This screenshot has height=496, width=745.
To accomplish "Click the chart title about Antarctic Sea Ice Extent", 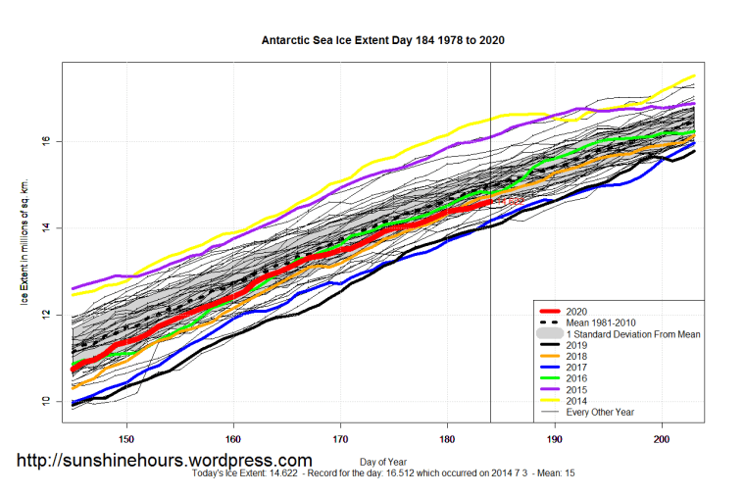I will click(382, 42).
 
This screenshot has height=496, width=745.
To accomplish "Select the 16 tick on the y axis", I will click(46, 141).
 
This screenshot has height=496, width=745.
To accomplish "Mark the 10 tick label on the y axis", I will click(46, 401).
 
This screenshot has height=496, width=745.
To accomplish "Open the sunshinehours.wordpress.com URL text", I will click(165, 460).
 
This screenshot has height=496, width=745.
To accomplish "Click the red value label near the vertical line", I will click(510, 200).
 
